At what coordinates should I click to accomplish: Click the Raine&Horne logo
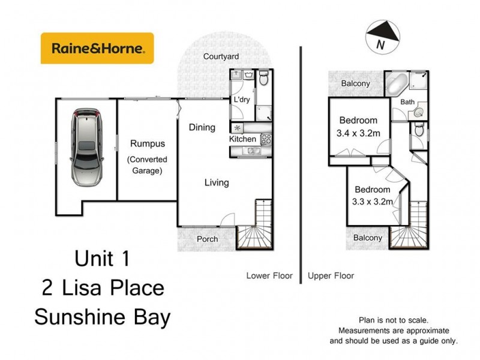(97, 48)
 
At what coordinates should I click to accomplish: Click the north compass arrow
(381, 33)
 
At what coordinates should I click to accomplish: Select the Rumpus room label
(147, 144)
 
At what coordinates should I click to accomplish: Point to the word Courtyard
(221, 57)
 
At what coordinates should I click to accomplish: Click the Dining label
(202, 127)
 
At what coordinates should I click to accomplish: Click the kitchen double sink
(252, 150)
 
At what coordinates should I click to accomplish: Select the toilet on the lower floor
(264, 79)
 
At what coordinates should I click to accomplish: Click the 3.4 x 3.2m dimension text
(358, 133)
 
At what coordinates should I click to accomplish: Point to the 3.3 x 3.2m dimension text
(372, 202)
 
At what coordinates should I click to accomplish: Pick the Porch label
(208, 239)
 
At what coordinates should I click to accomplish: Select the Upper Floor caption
(331, 276)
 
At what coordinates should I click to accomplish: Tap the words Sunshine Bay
(102, 317)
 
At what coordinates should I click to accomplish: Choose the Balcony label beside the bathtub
(356, 83)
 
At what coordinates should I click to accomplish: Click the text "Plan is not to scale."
(394, 320)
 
